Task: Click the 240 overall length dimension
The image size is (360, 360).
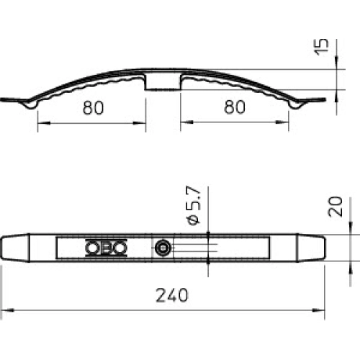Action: point(172,295)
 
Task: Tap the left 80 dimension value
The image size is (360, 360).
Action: point(93,108)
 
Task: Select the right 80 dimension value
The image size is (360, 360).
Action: point(235,107)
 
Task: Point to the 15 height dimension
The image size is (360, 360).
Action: point(322,47)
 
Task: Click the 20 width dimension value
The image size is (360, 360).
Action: point(335,207)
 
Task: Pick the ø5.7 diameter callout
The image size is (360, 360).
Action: point(194,205)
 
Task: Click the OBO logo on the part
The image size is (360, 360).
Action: point(107,248)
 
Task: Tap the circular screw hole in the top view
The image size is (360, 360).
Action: point(163,248)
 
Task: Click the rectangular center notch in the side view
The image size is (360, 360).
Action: point(163,81)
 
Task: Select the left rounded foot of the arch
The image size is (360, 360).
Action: point(31,104)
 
